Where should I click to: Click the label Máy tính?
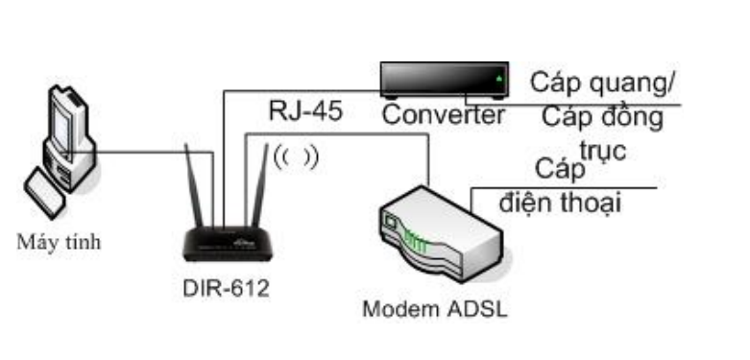(x=59, y=241)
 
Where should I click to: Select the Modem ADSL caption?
(x=435, y=310)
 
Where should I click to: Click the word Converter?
(x=443, y=116)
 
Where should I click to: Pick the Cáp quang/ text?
(x=603, y=83)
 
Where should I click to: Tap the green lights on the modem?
(x=413, y=238)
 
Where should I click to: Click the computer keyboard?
(x=48, y=191)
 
